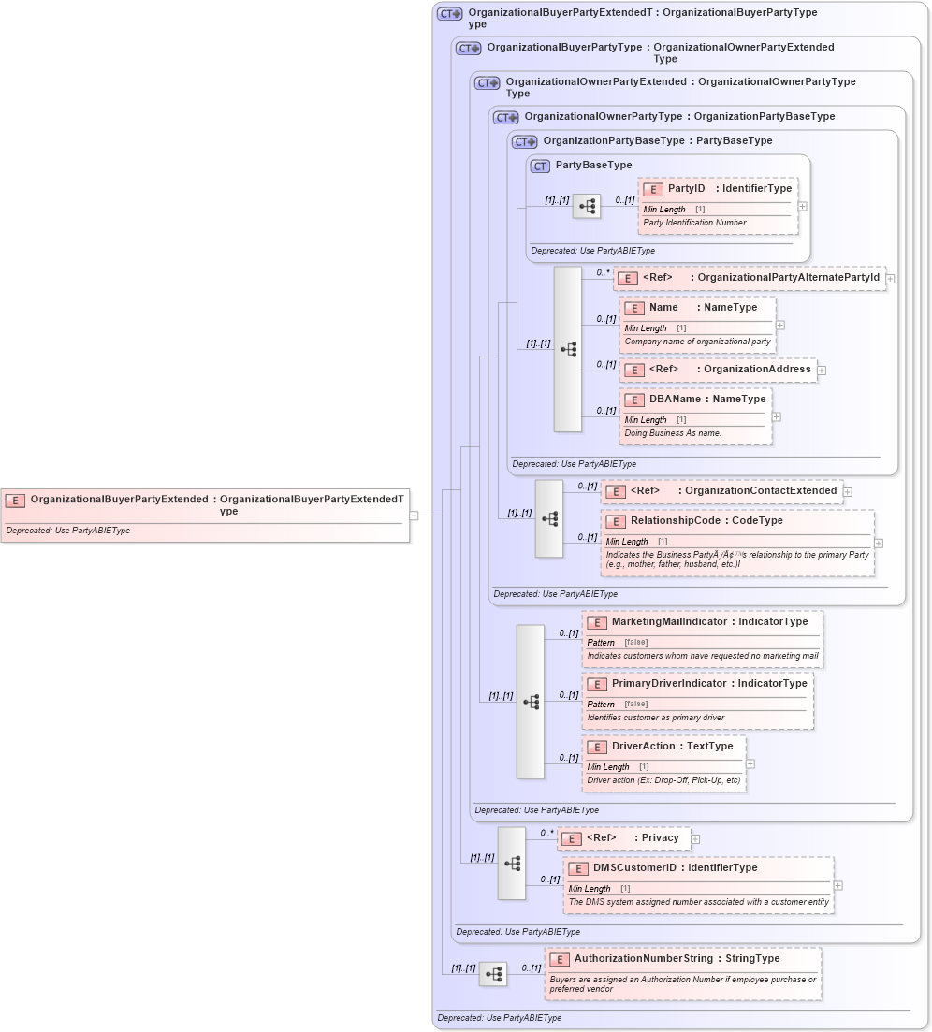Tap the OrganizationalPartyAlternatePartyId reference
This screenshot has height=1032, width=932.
click(749, 278)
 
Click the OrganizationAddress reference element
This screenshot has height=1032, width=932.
click(718, 370)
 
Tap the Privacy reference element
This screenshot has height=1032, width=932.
click(624, 838)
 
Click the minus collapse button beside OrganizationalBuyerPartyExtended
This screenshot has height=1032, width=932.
click(414, 515)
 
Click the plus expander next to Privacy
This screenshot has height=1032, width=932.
click(695, 839)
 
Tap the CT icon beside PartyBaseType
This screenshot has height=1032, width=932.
click(539, 166)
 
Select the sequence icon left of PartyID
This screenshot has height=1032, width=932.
click(587, 207)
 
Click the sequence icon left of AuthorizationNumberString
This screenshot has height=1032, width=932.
click(493, 974)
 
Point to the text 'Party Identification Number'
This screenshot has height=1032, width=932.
click(694, 223)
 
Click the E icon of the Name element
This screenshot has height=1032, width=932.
click(633, 308)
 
